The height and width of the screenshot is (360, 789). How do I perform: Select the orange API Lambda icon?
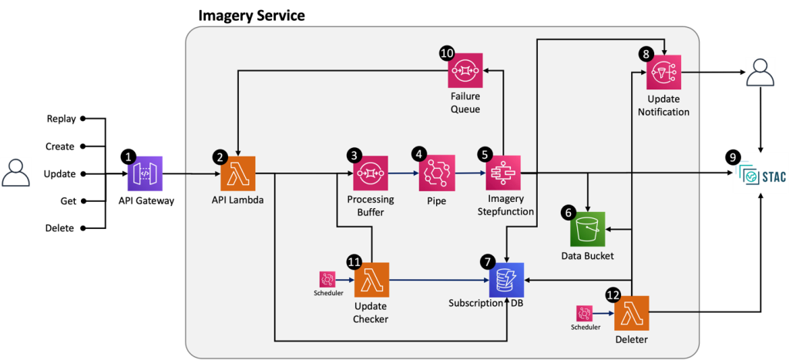tap(238, 173)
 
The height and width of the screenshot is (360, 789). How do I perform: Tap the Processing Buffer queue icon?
tap(371, 173)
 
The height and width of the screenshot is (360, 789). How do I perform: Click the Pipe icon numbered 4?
tap(437, 173)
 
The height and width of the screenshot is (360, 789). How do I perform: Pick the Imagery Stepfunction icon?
tap(504, 173)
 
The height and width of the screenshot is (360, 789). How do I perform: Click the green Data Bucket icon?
tap(588, 229)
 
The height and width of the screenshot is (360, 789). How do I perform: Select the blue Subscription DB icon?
tap(506, 280)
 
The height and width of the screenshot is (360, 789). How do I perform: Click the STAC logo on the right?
tap(761, 177)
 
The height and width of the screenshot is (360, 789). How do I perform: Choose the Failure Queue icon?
tap(465, 70)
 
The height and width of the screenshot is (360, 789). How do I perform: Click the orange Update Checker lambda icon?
tap(371, 280)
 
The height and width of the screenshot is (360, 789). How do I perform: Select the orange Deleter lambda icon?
tap(632, 313)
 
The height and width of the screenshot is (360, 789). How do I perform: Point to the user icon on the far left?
tap(16, 173)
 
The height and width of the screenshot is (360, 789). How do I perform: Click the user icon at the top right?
tap(760, 72)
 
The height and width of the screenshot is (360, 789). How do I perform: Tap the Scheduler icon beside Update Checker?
tap(327, 279)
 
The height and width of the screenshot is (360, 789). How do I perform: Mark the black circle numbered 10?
tap(447, 53)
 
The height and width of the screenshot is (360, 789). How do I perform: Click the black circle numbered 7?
tap(488, 262)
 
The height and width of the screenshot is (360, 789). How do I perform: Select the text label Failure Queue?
tap(465, 103)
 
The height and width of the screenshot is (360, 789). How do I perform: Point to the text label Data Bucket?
tap(588, 255)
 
